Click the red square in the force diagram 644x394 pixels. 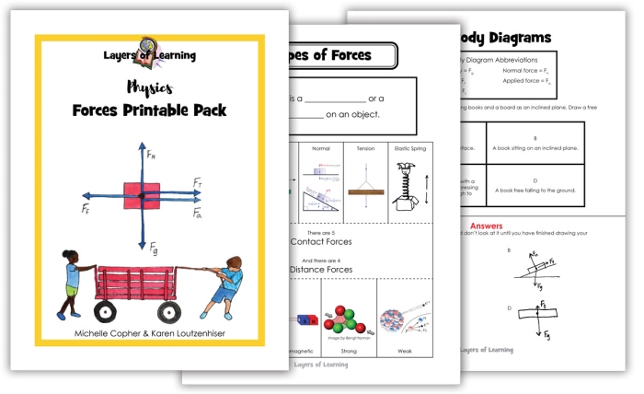point(140,195)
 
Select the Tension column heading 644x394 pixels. point(365,147)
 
